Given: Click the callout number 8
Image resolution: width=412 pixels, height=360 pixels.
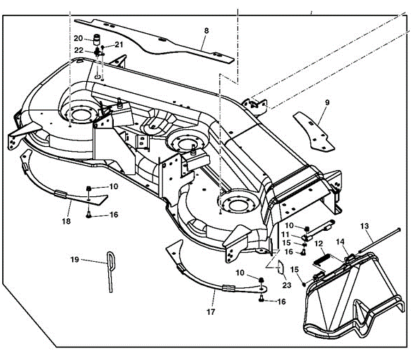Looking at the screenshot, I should click(x=206, y=30).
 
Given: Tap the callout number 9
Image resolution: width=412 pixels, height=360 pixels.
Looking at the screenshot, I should click(x=326, y=102).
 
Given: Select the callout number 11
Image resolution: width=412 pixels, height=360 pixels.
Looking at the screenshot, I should click(x=286, y=234).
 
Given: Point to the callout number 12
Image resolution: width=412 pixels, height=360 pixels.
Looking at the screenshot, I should click(x=318, y=244).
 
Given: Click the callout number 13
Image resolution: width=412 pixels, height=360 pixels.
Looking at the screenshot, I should click(x=365, y=227).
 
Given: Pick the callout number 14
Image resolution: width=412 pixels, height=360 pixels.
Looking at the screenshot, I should click(x=339, y=241).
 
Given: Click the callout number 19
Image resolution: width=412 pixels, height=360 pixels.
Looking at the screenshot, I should click(x=76, y=260).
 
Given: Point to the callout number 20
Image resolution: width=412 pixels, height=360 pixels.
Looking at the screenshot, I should click(x=78, y=37).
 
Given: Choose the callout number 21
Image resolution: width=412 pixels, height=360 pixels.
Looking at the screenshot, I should click(x=119, y=44).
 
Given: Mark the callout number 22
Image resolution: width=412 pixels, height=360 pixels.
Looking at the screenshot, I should click(x=79, y=50).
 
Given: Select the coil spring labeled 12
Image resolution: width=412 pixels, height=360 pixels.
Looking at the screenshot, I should click(x=320, y=259).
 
